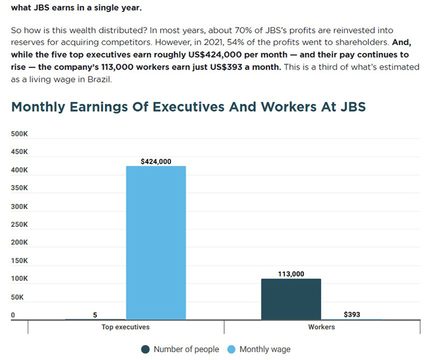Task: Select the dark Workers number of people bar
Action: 291,299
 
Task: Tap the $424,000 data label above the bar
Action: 155,161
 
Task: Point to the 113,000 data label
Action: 291,274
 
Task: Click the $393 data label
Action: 352,314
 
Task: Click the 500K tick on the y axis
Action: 19,134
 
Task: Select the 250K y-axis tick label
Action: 19,225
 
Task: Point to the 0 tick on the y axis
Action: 13,315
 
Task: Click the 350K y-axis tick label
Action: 19,188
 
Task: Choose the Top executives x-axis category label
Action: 125,327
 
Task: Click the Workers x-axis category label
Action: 321,327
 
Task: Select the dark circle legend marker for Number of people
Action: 145,349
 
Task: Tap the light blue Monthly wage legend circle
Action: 231,349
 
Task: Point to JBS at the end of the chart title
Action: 352,106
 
